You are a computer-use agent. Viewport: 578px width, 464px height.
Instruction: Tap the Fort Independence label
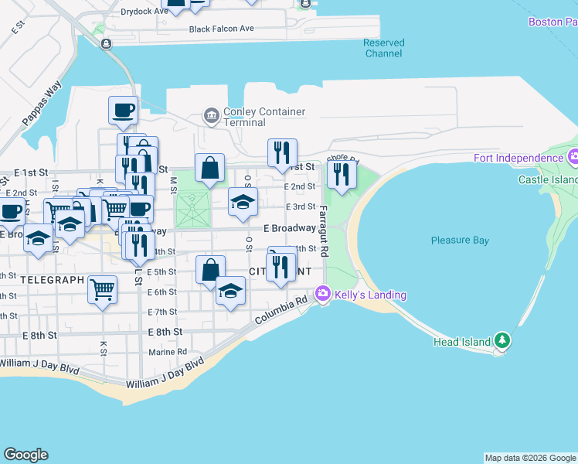click(518, 159)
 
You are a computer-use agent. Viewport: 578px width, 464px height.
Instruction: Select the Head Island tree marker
click(502, 341)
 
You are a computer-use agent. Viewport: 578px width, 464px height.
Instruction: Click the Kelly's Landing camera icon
click(323, 295)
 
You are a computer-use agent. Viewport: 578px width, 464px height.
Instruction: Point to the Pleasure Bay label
click(461, 241)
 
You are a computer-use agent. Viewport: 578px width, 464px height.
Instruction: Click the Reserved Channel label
click(383, 48)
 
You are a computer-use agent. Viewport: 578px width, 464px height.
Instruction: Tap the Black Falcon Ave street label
click(222, 29)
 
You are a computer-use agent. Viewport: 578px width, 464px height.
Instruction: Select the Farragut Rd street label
click(324, 230)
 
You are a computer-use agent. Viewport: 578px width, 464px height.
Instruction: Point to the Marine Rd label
click(167, 351)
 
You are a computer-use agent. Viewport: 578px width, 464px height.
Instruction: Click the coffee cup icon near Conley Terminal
click(123, 110)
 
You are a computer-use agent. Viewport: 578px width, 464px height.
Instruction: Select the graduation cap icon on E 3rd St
click(243, 203)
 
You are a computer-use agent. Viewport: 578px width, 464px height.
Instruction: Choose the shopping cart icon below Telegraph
click(103, 289)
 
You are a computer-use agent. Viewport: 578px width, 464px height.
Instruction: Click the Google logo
click(25, 455)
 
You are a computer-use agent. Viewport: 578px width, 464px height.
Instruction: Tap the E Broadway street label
click(289, 229)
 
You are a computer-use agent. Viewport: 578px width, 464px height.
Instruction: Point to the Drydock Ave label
click(144, 12)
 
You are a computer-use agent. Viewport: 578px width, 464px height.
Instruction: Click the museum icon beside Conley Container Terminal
click(211, 116)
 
